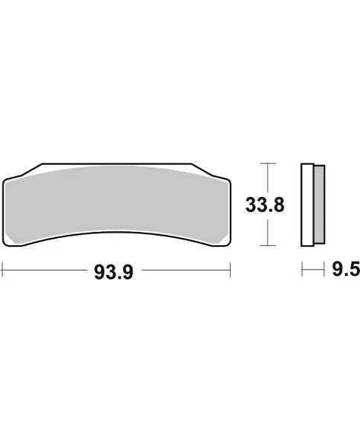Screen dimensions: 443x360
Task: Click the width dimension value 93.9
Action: [114, 272]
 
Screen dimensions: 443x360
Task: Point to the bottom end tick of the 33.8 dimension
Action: [267, 245]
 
